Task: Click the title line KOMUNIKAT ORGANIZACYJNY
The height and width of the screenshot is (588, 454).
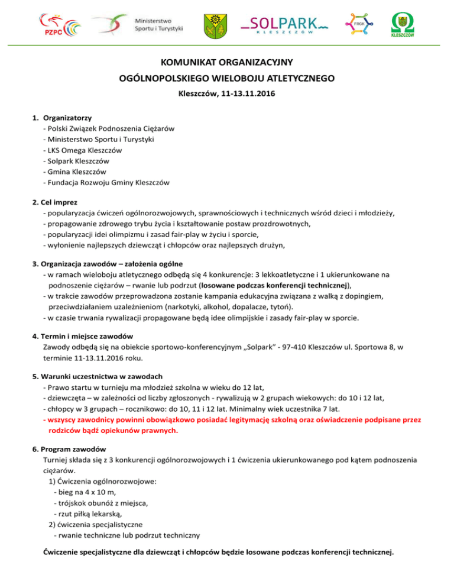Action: point(227,62)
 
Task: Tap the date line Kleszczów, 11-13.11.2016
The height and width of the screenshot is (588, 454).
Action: point(227,93)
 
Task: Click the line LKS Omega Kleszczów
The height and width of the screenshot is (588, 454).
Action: point(83,150)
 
